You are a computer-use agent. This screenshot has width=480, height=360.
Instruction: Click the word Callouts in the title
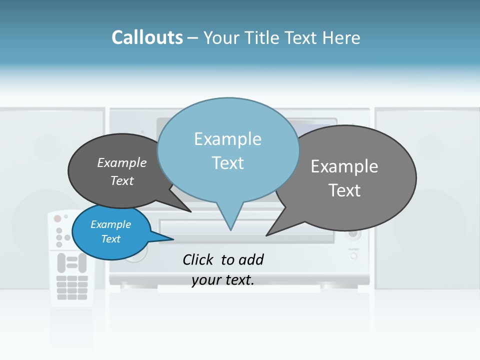pyautogui.click(x=147, y=38)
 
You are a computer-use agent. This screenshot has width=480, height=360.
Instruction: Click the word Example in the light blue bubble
pyautogui.click(x=227, y=139)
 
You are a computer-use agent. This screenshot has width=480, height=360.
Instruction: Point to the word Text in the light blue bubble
pyautogui.click(x=227, y=163)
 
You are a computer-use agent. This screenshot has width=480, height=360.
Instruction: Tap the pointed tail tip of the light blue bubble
pyautogui.click(x=230, y=229)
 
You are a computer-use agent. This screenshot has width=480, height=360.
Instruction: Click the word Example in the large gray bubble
pyautogui.click(x=344, y=166)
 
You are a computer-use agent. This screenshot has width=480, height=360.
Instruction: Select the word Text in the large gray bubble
pyautogui.click(x=344, y=190)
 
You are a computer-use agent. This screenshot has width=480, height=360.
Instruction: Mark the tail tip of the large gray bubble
pyautogui.click(x=266, y=235)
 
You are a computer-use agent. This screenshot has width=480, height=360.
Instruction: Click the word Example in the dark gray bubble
pyautogui.click(x=122, y=163)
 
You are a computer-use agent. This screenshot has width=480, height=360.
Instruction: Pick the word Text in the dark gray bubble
pyautogui.click(x=122, y=181)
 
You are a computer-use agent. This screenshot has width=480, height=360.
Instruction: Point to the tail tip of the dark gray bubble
pyautogui.click(x=190, y=211)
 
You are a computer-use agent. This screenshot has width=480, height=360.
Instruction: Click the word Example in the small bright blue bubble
pyautogui.click(x=111, y=224)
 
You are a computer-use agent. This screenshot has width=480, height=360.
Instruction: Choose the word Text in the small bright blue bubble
pyautogui.click(x=111, y=239)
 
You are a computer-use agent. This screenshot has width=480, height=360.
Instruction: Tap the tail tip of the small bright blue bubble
pyautogui.click(x=173, y=239)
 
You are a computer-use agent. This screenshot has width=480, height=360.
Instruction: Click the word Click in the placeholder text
pyautogui.click(x=198, y=259)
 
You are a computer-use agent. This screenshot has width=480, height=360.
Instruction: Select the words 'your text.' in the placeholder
pyautogui.click(x=223, y=280)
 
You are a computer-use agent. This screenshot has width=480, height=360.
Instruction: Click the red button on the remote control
pyautogui.click(x=57, y=218)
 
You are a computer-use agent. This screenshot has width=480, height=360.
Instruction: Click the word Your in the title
pyautogui.click(x=221, y=38)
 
